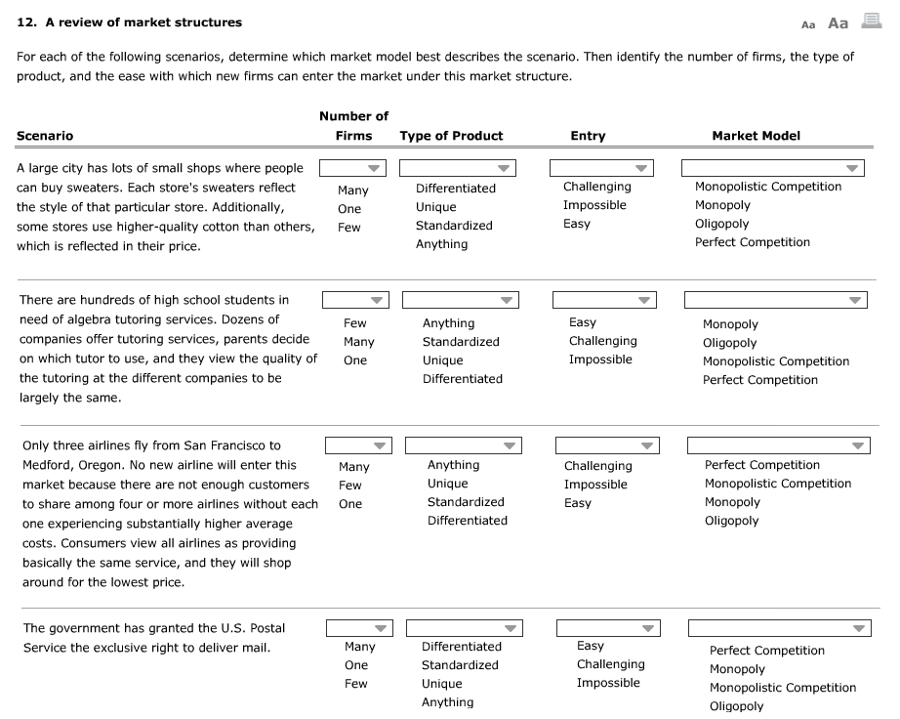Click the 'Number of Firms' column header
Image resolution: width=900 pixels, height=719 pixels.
[x=353, y=126]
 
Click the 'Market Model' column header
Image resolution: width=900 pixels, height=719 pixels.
[x=757, y=136]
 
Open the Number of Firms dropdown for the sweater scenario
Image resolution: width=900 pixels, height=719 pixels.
[x=352, y=168]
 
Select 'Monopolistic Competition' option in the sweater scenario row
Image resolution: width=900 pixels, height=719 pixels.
[x=767, y=187]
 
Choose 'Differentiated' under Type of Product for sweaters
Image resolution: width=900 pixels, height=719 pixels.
[x=455, y=189]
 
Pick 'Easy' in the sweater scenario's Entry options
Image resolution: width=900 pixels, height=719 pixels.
[x=577, y=224]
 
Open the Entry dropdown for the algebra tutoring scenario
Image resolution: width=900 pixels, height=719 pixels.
[x=604, y=300]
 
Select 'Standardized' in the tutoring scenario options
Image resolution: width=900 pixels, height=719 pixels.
[x=461, y=342]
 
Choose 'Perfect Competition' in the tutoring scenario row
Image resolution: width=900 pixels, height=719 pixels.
[x=759, y=380]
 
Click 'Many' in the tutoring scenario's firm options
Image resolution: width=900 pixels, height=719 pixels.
[x=358, y=342]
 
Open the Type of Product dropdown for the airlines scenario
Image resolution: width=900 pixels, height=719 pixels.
[x=464, y=445]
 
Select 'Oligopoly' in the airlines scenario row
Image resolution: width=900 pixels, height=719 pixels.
[x=731, y=521]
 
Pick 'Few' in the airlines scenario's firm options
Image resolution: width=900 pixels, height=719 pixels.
[x=349, y=486]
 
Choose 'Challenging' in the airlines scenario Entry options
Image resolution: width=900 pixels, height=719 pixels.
[x=597, y=466]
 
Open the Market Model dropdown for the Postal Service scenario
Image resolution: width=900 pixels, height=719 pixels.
[x=778, y=628]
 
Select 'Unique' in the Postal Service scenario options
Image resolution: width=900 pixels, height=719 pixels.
[x=441, y=684]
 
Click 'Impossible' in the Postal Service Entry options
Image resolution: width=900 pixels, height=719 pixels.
[x=608, y=683]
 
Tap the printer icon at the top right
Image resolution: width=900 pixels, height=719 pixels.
[x=873, y=22]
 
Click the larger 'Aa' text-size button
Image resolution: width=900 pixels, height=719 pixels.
[x=838, y=23]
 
